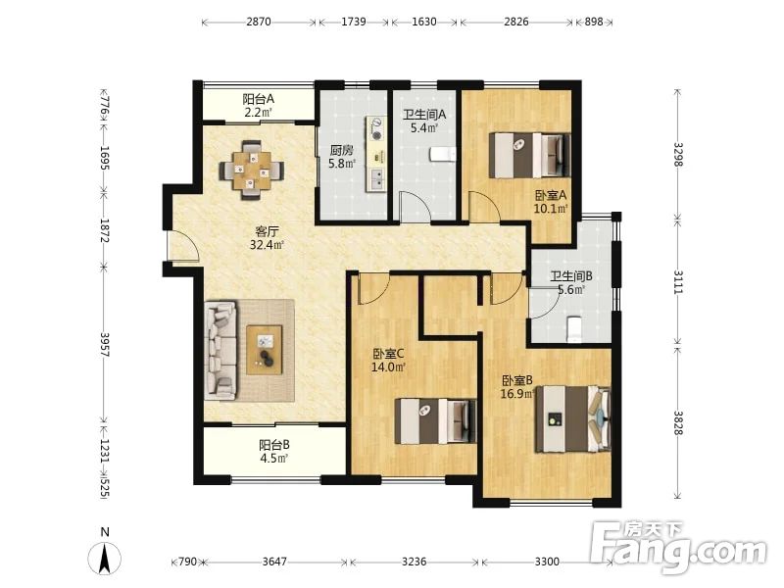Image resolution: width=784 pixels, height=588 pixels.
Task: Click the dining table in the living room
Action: [x=251, y=171]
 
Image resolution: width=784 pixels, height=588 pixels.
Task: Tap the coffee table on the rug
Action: [x=265, y=349]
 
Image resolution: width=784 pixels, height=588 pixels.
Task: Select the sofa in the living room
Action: [x=220, y=350]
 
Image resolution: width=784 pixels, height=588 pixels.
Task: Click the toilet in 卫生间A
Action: [x=443, y=155]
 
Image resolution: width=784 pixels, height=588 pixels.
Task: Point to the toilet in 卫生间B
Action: [x=573, y=329]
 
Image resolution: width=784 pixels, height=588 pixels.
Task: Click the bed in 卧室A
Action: [x=529, y=155]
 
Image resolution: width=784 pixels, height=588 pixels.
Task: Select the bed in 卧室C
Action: [x=435, y=420]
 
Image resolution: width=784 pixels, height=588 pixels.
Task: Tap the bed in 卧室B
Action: [x=573, y=419]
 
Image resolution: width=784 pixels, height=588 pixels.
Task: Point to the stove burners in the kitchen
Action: [x=376, y=128]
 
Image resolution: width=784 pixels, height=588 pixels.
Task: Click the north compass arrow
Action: [x=105, y=558]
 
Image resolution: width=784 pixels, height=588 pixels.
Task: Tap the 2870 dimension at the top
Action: [x=259, y=22]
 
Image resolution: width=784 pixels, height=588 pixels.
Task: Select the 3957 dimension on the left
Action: [x=105, y=345]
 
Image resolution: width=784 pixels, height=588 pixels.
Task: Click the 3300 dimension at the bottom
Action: [x=547, y=562]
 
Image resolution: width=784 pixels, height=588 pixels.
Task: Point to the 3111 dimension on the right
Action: [x=678, y=281]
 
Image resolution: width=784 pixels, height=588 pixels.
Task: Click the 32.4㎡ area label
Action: [x=267, y=245]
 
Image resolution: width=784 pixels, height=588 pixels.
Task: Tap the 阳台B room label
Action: [x=274, y=445]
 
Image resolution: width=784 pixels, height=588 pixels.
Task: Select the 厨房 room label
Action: [x=341, y=150]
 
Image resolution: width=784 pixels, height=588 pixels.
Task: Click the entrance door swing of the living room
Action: [x=183, y=246]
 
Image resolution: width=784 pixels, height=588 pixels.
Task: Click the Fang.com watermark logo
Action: [x=678, y=548]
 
